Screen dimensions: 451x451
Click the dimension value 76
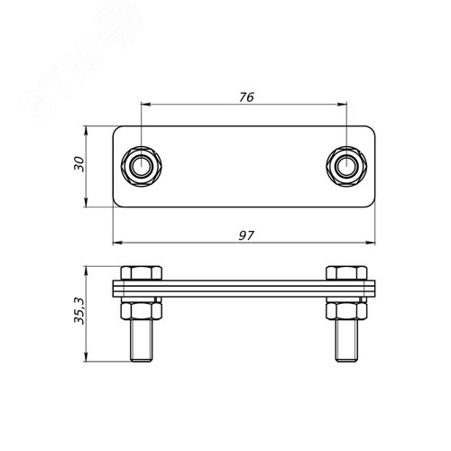click(246, 97)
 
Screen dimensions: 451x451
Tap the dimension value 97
click(246, 235)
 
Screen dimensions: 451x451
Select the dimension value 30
click(79, 164)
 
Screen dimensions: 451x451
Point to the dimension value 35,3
click(79, 311)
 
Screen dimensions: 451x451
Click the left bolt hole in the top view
click(142, 166)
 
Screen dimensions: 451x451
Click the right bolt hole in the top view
click(346, 166)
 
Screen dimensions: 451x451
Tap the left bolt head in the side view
click(142, 273)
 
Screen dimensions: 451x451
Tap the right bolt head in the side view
click(346, 273)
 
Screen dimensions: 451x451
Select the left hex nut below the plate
click(142, 311)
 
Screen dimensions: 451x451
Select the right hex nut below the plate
click(346, 311)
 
